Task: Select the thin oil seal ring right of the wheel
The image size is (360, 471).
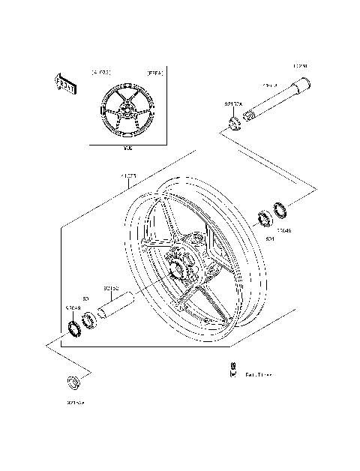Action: (279, 211)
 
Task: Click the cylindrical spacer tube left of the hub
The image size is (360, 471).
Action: (122, 304)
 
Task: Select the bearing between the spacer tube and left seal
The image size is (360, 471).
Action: (89, 321)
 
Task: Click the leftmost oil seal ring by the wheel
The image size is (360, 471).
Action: (75, 328)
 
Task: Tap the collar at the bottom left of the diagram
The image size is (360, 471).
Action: (72, 382)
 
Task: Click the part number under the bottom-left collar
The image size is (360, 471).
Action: (75, 403)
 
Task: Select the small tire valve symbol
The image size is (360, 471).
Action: (233, 368)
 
